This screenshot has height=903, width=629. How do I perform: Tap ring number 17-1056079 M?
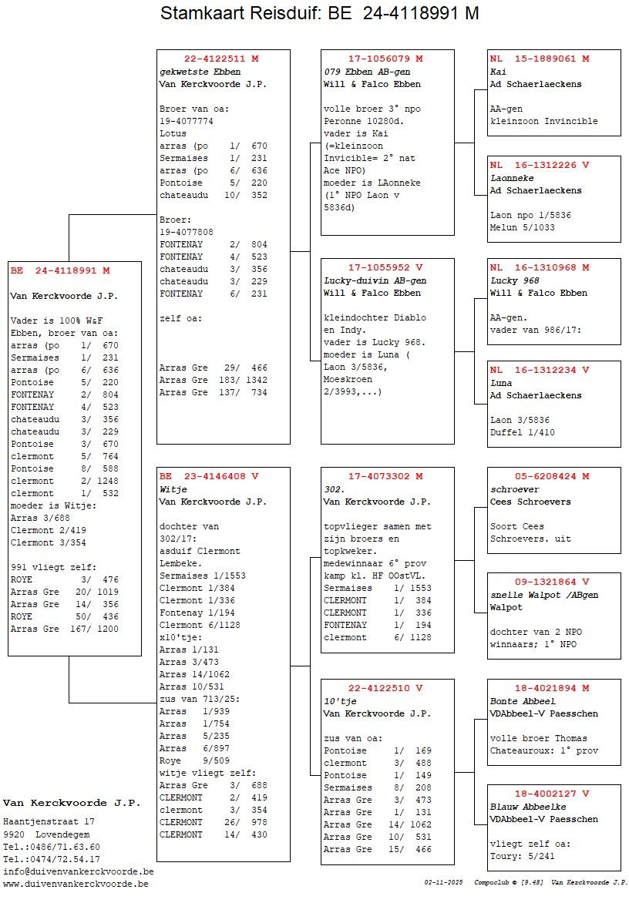(x=385, y=59)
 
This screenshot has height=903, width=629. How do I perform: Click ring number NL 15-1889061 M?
(x=540, y=59)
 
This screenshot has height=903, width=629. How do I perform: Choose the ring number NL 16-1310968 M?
(x=540, y=267)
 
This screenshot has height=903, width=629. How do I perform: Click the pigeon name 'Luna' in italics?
(x=500, y=382)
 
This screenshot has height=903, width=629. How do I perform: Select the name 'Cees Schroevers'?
(x=530, y=502)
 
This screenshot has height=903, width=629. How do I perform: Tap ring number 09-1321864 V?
(x=552, y=582)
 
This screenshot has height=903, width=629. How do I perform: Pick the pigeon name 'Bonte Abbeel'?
(x=523, y=701)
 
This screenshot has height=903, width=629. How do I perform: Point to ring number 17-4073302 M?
(x=385, y=476)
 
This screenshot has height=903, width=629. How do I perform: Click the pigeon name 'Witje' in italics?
(x=173, y=489)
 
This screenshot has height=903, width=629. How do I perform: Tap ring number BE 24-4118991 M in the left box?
(x=60, y=270)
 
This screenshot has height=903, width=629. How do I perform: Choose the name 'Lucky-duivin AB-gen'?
(x=375, y=280)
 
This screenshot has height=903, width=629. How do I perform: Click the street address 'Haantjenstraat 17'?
(x=49, y=821)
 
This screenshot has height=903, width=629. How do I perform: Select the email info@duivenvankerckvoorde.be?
(x=78, y=871)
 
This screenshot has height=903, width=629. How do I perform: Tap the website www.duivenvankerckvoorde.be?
(x=76, y=884)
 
